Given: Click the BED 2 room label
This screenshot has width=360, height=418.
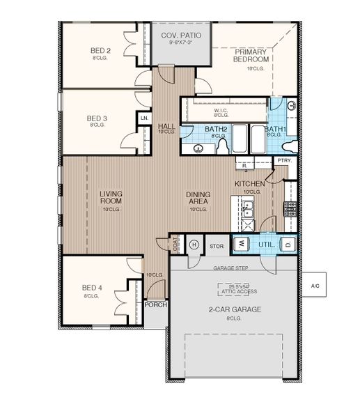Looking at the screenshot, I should coord(100,51).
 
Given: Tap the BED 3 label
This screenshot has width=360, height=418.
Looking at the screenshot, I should coord(97,119).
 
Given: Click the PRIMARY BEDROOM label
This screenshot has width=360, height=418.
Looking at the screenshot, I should coord(251,56).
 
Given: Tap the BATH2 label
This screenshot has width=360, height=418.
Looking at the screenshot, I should coord(217,130).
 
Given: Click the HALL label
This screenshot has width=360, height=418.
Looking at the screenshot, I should coord(166,126).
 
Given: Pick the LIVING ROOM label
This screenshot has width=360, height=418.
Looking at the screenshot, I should coord(111,197).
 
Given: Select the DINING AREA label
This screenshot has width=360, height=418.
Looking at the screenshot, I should coord(198,197).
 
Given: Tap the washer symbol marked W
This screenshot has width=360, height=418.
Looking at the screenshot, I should coord(241,244).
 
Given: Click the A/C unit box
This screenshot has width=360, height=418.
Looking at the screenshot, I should coord(315,286).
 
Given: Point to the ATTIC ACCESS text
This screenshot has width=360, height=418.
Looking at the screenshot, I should coord(239,291).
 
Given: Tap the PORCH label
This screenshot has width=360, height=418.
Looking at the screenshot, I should coord(155,304).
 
